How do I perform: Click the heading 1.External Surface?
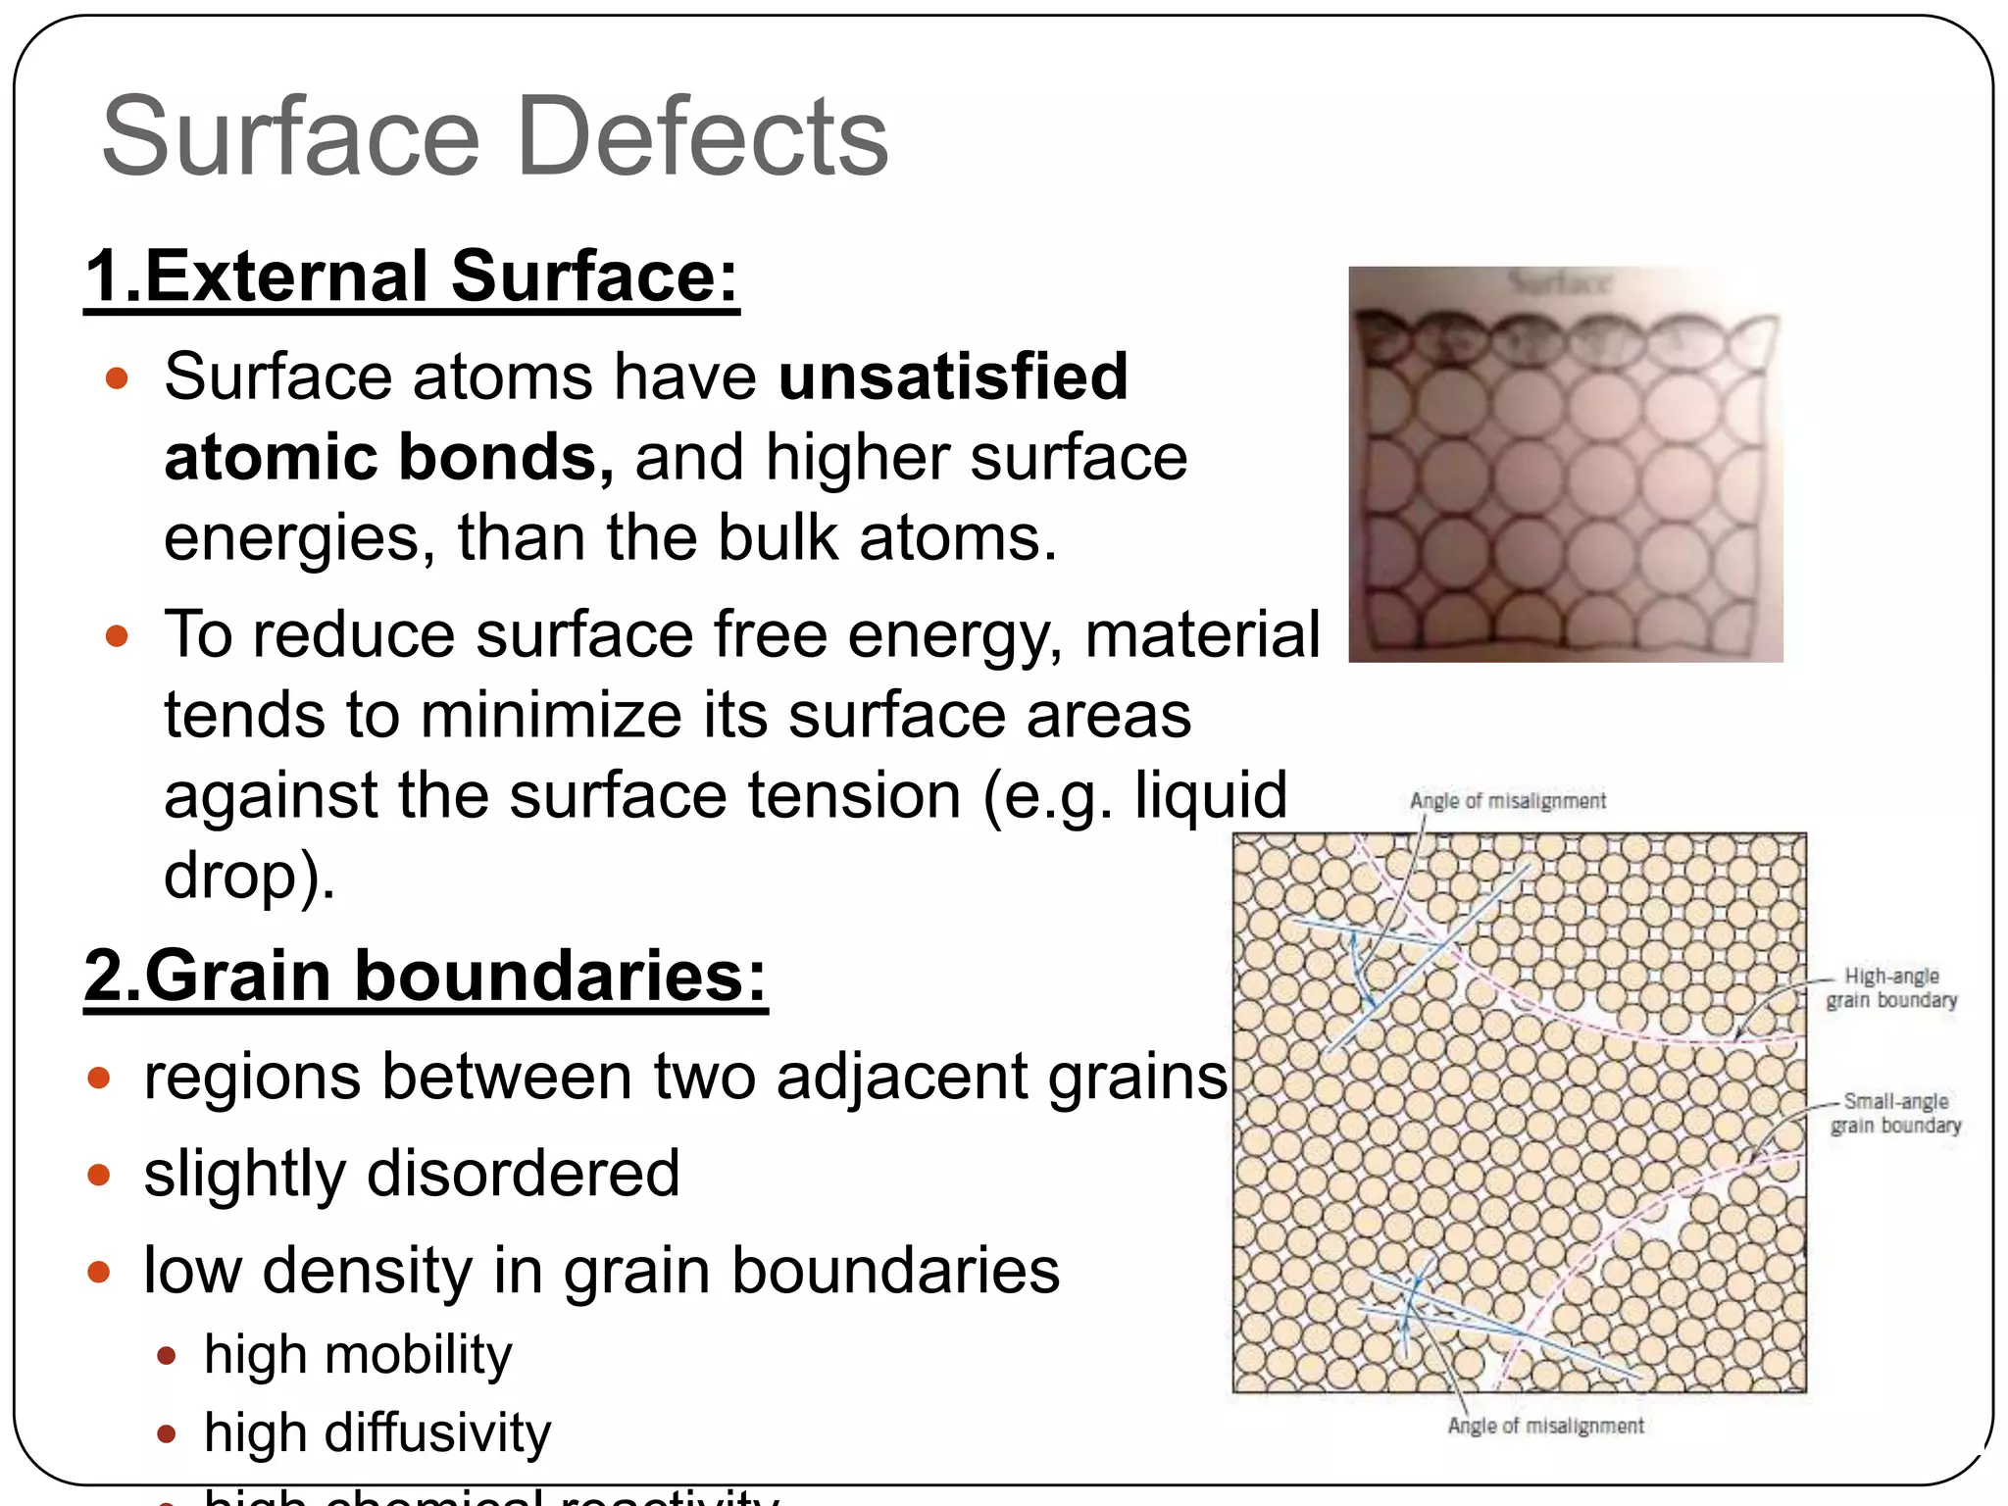(x=412, y=276)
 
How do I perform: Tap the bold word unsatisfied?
(x=953, y=376)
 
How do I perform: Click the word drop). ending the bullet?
(x=249, y=875)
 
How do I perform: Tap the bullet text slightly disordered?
(x=412, y=1174)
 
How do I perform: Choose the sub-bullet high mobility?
(x=358, y=1355)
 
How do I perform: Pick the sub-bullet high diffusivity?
(x=377, y=1433)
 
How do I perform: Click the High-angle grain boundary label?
(x=1891, y=988)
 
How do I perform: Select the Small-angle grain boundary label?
(x=1895, y=1114)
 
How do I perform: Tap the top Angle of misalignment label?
(x=1508, y=801)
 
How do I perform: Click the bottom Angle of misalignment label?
(x=1545, y=1426)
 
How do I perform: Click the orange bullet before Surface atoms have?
(x=117, y=378)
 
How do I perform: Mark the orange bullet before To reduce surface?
(x=117, y=636)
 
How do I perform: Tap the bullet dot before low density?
(x=98, y=1273)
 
